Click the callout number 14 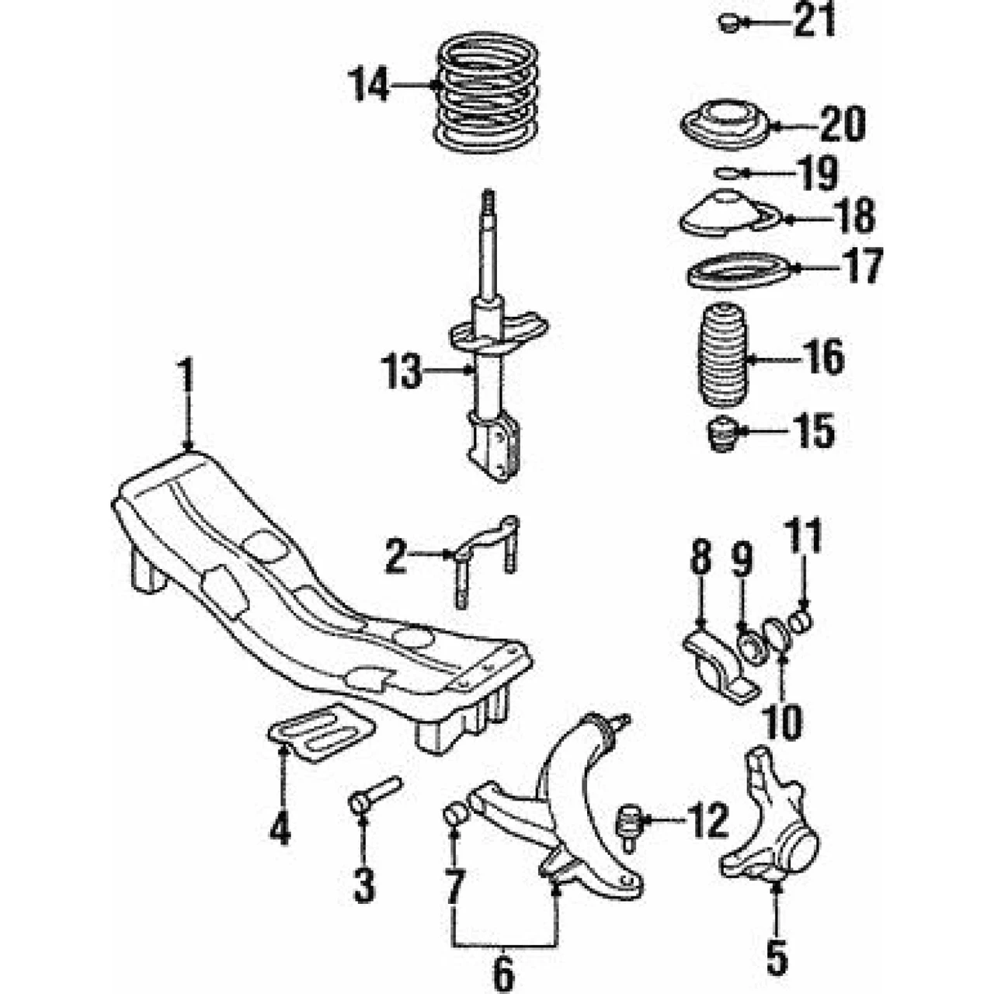click(368, 85)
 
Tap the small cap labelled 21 click(728, 23)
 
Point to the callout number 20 click(843, 124)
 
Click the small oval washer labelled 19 click(727, 173)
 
